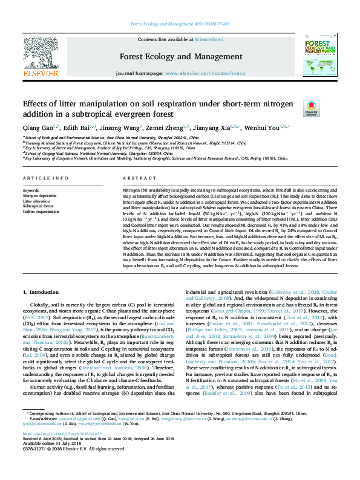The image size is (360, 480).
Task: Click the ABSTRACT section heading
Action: coord(137,180)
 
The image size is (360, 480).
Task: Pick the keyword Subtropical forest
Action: coord(37,207)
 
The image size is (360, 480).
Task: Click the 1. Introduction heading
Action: coord(41,292)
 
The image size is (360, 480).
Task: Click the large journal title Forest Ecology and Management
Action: coord(180,58)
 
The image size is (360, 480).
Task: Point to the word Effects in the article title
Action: coord(38,103)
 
